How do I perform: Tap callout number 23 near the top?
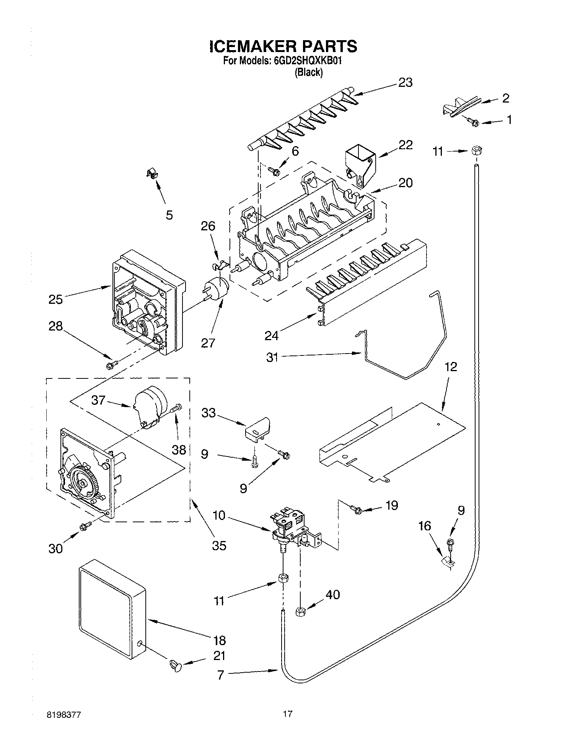[x=405, y=83]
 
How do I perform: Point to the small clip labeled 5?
[x=153, y=174]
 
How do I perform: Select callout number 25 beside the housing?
[x=55, y=299]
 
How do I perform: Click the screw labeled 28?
[x=111, y=365]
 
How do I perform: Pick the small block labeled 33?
[x=257, y=429]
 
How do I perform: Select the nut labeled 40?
[x=300, y=612]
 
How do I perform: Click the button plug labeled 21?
[x=175, y=665]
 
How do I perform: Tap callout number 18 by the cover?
[x=219, y=640]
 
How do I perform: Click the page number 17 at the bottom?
[x=287, y=714]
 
